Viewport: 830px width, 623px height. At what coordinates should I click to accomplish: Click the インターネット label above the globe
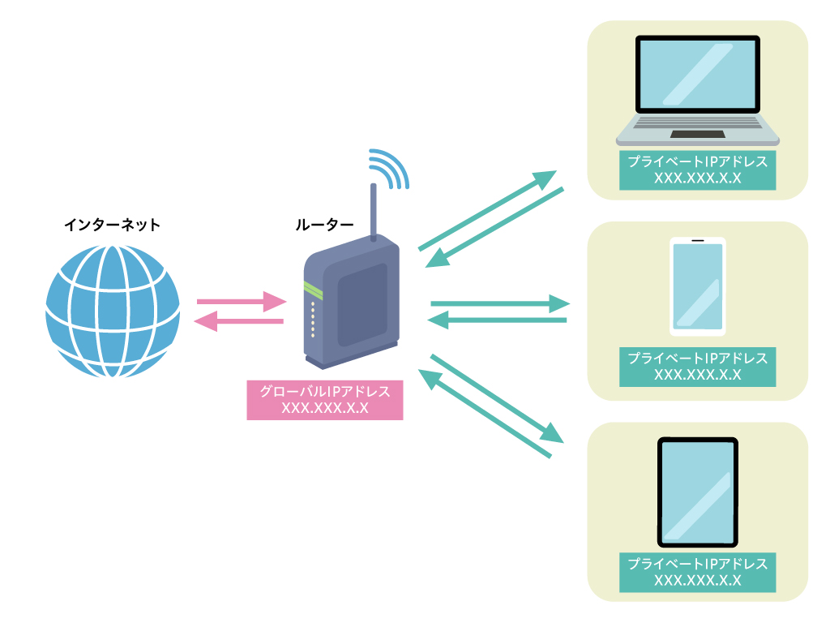(112, 225)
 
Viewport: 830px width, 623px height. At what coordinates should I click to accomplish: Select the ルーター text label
(324, 225)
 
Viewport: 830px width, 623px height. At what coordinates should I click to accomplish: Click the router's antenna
(374, 213)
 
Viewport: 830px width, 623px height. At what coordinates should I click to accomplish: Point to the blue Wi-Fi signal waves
(389, 168)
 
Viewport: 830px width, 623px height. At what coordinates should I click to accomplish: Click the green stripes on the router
(313, 289)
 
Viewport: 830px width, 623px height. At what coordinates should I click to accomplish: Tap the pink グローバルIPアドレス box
(325, 400)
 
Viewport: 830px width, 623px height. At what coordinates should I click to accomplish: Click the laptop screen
(698, 75)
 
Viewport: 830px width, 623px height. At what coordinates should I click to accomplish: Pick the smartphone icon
(697, 286)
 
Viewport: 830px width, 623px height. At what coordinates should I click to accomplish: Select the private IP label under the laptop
(697, 170)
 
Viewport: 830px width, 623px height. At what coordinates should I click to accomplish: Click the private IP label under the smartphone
(697, 367)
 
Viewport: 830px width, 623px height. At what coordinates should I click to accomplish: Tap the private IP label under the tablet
(697, 572)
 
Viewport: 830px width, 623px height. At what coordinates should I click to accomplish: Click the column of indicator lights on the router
(313, 319)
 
